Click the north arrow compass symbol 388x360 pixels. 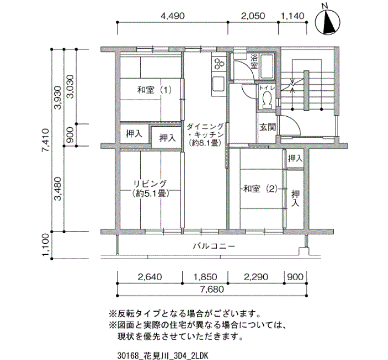tap(328, 22)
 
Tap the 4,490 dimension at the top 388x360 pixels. tap(172, 16)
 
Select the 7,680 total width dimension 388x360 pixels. tap(212, 289)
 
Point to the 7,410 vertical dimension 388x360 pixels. tap(47, 141)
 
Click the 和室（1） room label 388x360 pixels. tap(155, 90)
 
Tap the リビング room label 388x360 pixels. tap(150, 184)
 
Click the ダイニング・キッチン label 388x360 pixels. tap(205, 131)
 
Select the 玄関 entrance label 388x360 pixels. tap(268, 127)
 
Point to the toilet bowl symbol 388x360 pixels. tap(267, 99)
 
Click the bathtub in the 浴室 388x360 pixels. tap(267, 66)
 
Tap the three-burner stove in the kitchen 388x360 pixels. tap(218, 63)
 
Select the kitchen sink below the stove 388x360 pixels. tap(218, 84)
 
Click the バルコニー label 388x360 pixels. tap(214, 246)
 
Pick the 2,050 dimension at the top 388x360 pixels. tap(253, 16)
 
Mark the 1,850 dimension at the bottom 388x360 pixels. tap(205, 277)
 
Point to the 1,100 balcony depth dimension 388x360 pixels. tap(47, 245)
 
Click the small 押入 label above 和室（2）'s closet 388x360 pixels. tap(295, 158)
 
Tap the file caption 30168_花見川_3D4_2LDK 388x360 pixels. tap(162, 356)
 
